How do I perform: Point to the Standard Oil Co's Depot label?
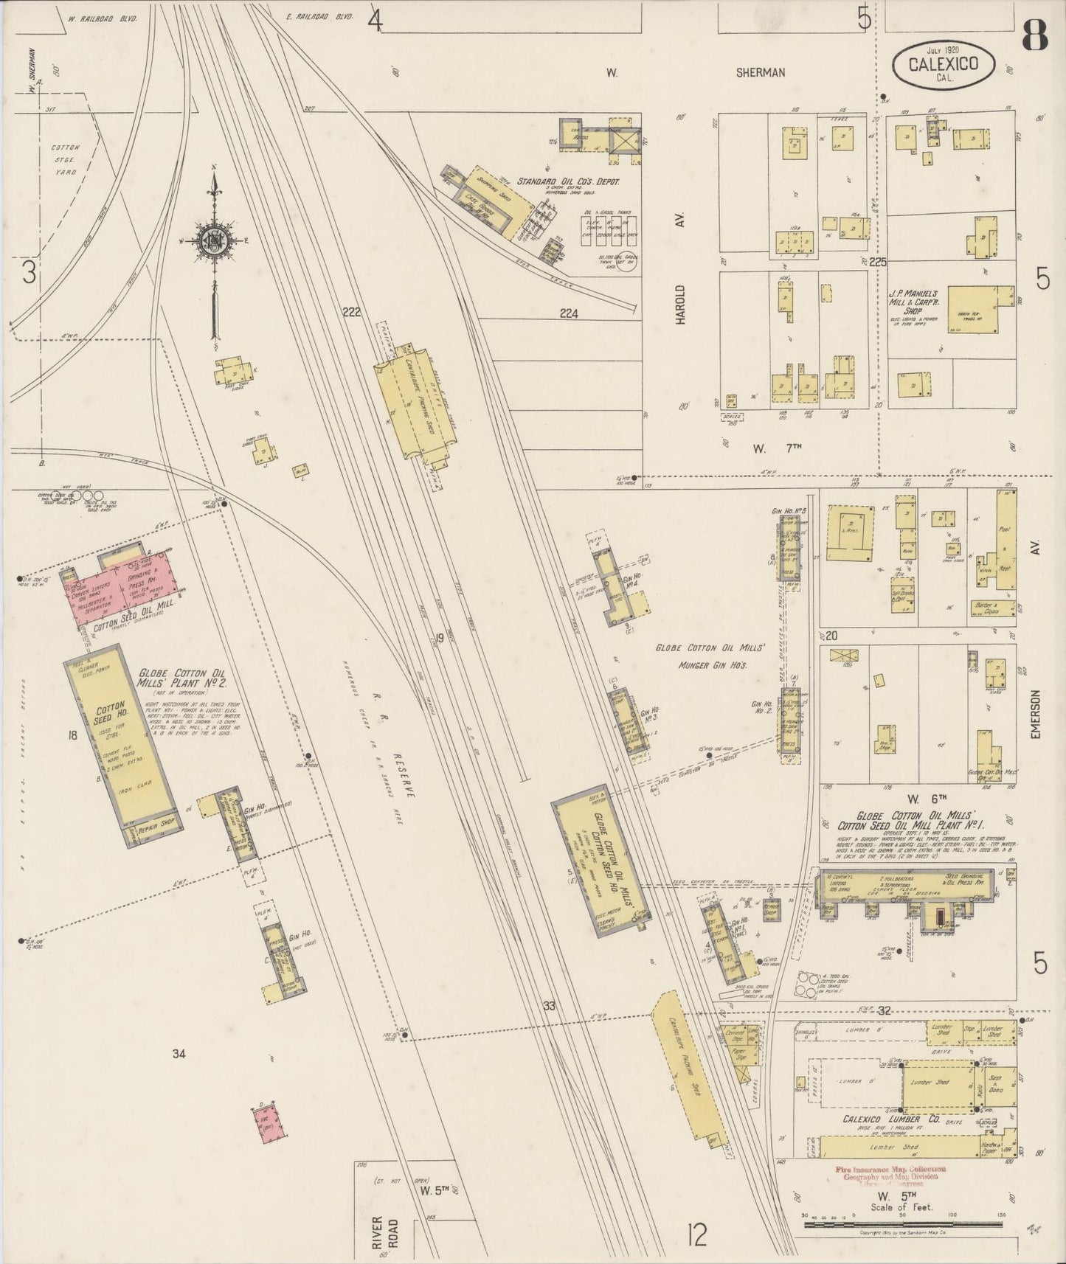pyautogui.click(x=568, y=181)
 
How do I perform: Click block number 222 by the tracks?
pyautogui.click(x=351, y=312)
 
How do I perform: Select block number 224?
pyautogui.click(x=569, y=313)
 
